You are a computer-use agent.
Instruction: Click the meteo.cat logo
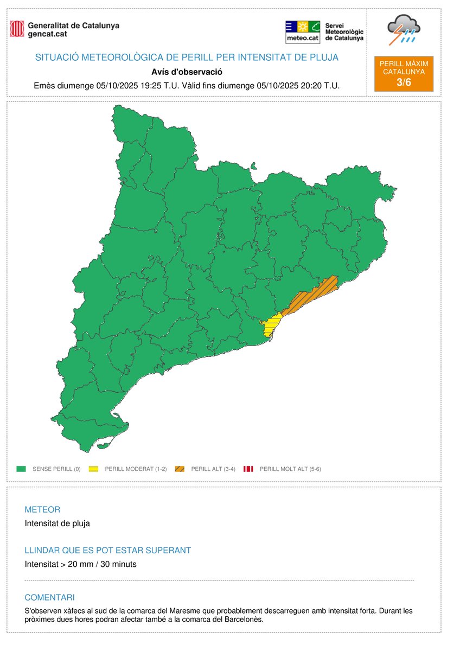point(302,32)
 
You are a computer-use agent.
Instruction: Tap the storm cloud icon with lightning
point(403,30)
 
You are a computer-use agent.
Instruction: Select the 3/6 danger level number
point(404,81)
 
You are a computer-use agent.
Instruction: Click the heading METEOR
point(42,510)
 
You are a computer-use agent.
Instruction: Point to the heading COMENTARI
point(49,597)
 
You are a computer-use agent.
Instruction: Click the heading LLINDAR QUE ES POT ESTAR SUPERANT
point(108,550)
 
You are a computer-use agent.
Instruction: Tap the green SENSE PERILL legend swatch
point(22,469)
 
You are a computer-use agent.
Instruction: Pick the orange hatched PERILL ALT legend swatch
point(180,469)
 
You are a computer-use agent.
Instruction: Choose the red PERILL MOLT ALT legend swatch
point(248,469)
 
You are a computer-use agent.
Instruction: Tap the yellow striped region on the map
point(270,327)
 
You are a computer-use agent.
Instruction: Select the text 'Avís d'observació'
point(187,72)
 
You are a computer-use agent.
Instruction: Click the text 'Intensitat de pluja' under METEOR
point(58,524)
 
